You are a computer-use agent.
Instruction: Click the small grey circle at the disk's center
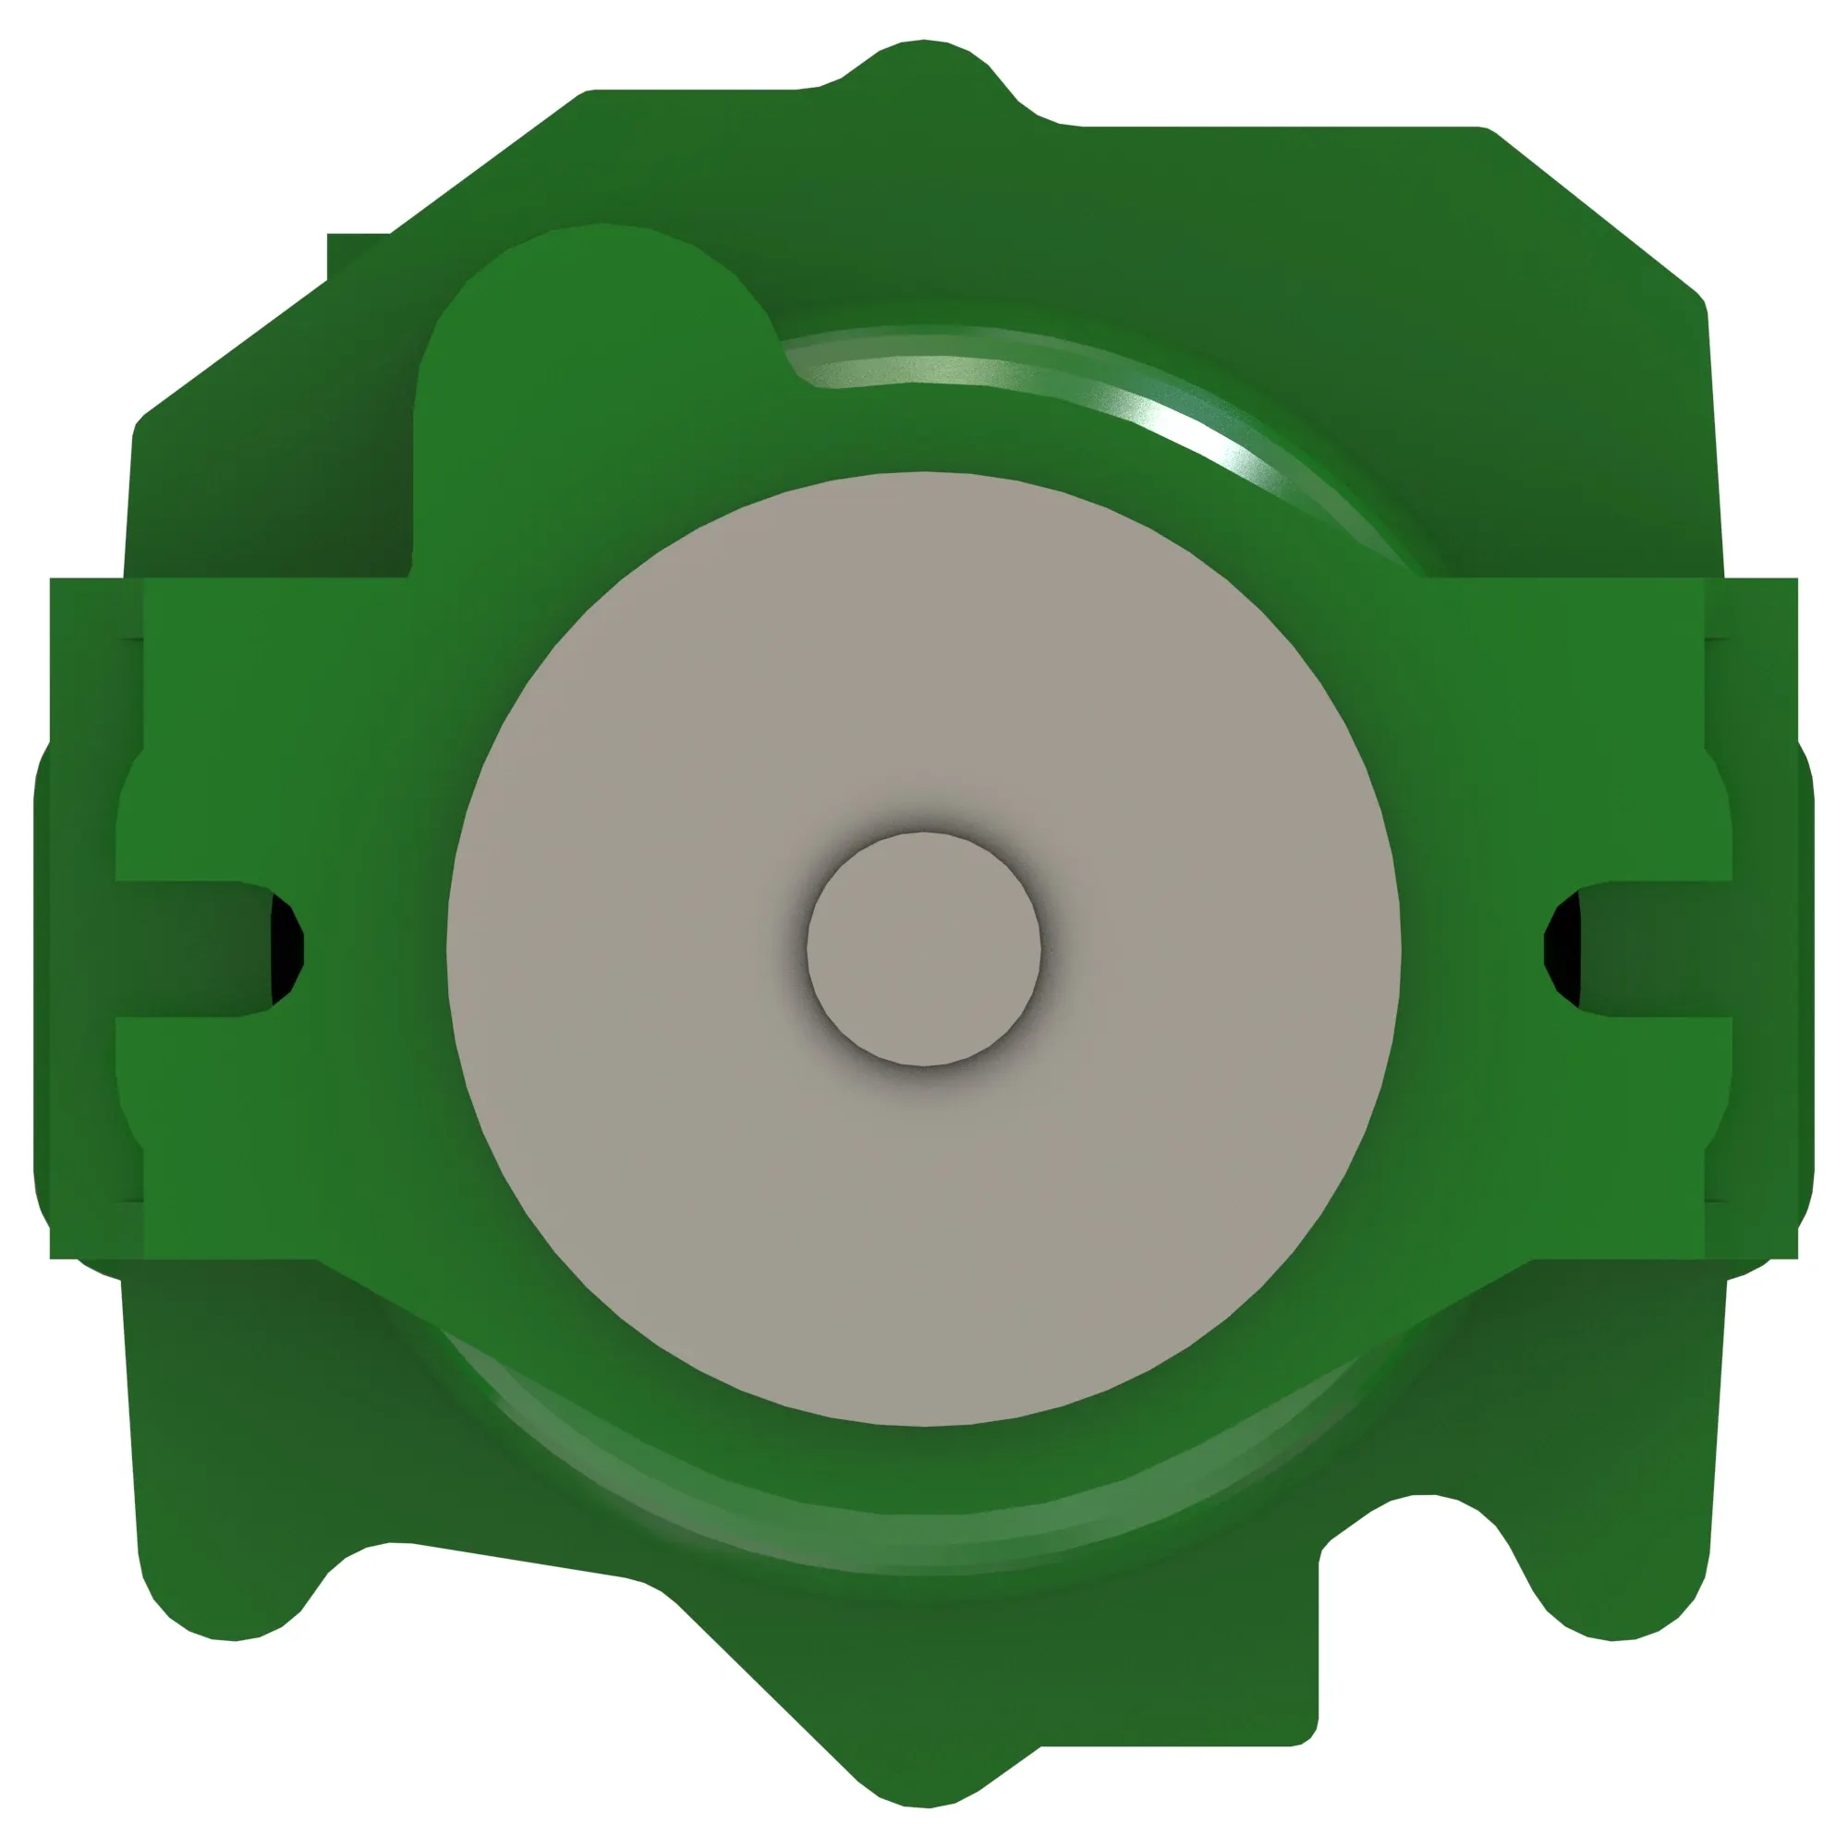(x=923, y=949)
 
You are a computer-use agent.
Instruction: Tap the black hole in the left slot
(x=285, y=949)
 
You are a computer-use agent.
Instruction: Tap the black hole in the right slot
(x=1562, y=949)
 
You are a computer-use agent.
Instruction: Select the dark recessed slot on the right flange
(x=1655, y=948)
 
